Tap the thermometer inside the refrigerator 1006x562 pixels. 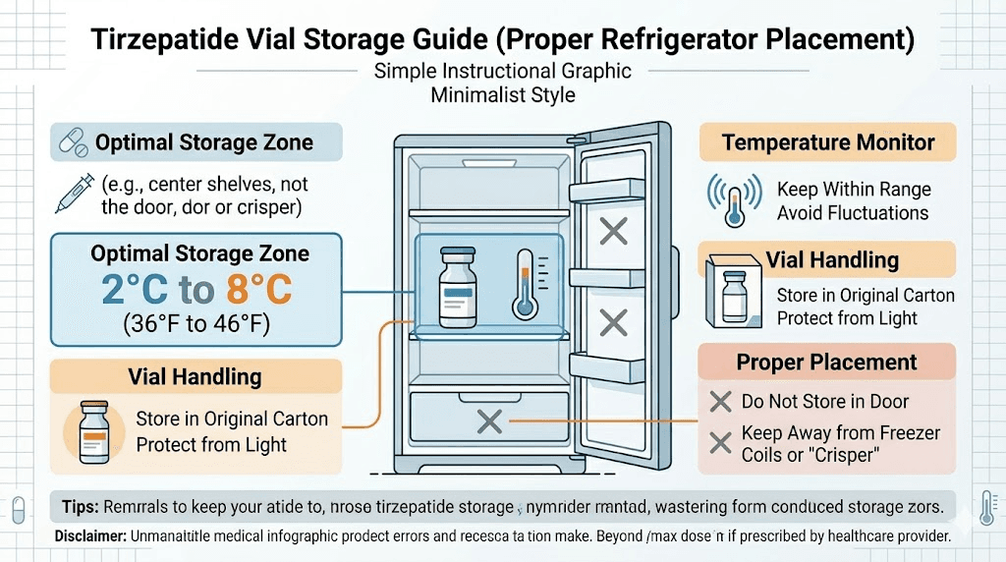(x=526, y=283)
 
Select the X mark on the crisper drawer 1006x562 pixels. (x=488, y=422)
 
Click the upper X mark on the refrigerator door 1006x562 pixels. (x=614, y=232)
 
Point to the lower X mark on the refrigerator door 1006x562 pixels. (x=614, y=321)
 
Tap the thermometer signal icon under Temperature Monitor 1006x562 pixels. (x=732, y=199)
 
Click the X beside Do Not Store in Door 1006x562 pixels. (x=720, y=401)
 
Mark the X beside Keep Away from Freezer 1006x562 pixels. (x=720, y=443)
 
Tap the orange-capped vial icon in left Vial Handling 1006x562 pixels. (x=96, y=429)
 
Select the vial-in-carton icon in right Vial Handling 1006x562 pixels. (x=733, y=293)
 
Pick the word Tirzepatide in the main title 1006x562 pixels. (x=168, y=40)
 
